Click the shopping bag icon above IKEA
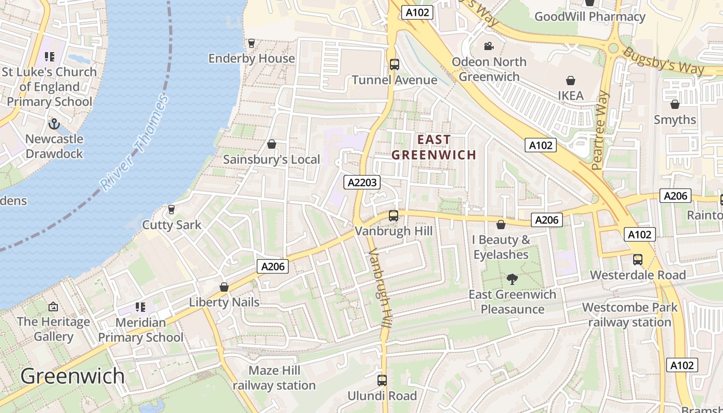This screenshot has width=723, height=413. (x=571, y=81)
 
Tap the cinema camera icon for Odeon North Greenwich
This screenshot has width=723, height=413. (x=489, y=46)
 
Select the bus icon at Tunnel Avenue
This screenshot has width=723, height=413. (x=395, y=65)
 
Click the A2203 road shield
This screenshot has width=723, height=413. (x=363, y=182)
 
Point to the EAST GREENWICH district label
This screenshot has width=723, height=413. (x=434, y=147)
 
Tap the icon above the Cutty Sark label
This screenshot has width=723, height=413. (x=171, y=210)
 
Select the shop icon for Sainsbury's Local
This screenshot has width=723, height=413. (x=272, y=144)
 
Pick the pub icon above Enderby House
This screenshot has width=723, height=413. (x=252, y=43)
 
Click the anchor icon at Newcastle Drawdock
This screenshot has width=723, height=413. (x=54, y=124)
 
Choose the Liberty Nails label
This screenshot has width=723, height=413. (x=224, y=302)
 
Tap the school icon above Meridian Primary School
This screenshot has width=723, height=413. (x=140, y=307)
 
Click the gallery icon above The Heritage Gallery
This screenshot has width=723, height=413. (x=53, y=307)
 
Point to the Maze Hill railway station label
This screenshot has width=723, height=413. (x=274, y=378)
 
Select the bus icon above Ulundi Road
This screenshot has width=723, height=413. (x=382, y=380)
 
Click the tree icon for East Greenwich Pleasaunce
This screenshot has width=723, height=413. (x=512, y=279)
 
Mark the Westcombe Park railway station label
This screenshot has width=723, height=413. (x=630, y=315)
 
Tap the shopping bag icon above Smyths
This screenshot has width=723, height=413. (x=674, y=104)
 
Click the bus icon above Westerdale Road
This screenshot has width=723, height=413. (x=638, y=260)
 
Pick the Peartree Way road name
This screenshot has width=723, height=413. (x=601, y=131)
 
